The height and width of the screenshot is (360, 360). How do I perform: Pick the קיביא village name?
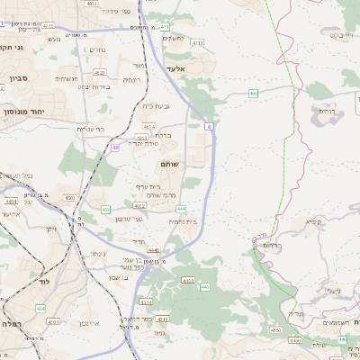(x=313, y=220)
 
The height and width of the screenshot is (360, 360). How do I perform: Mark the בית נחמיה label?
(x=182, y=220)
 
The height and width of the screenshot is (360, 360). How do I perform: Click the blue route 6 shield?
(x=208, y=127)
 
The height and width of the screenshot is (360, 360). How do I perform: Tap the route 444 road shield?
(x=181, y=207)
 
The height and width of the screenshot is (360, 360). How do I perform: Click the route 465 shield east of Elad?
(x=254, y=93)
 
